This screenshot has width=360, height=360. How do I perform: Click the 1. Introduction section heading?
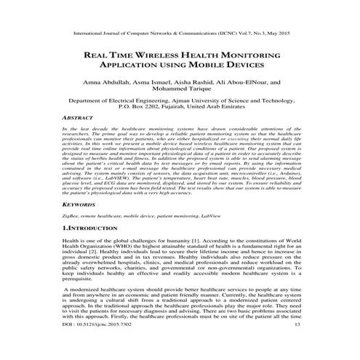[95, 228]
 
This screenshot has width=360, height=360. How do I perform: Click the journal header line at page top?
[180, 33]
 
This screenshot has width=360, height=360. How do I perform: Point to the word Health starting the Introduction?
[72, 241]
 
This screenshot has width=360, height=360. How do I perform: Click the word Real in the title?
[98, 55]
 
